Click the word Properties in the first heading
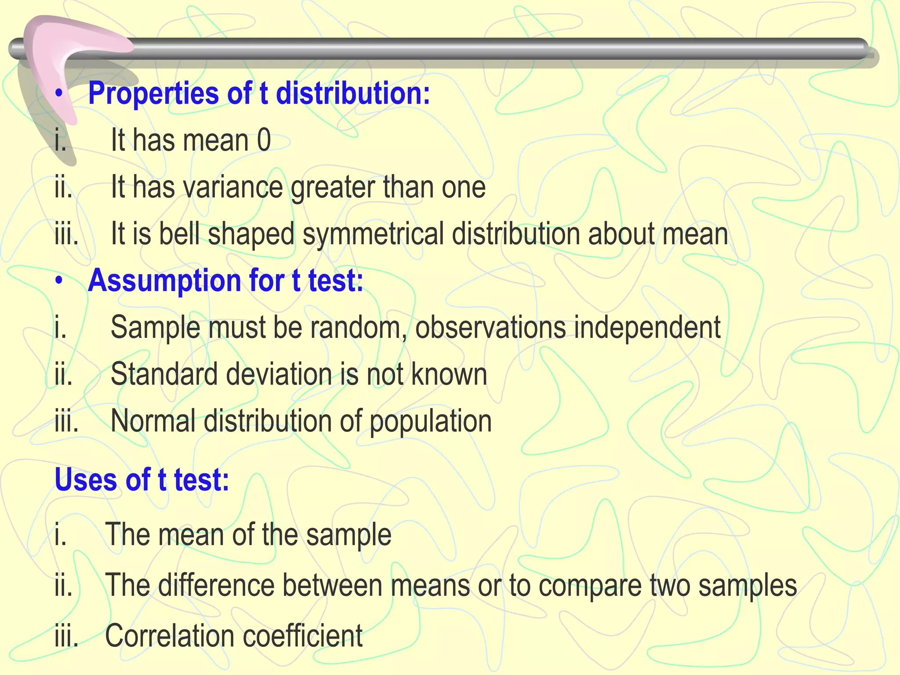click(153, 94)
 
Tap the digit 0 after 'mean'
click(264, 141)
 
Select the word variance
click(232, 187)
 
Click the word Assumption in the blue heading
click(164, 281)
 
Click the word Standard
click(164, 374)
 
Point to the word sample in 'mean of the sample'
click(348, 535)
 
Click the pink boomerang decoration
click(62, 57)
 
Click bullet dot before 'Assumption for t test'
click(59, 281)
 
